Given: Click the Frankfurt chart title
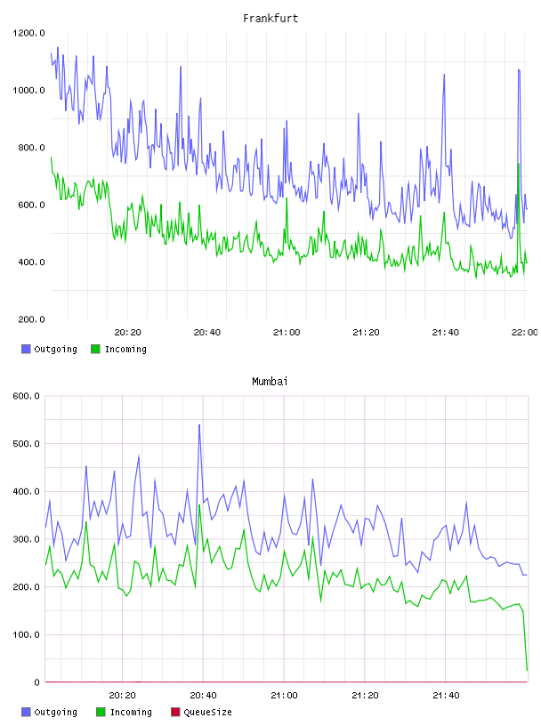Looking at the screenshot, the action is (x=270, y=18).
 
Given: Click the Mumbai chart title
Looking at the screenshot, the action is (x=270, y=381).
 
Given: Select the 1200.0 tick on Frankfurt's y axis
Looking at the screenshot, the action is (x=28, y=33).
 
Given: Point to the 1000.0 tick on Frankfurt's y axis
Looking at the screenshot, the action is (x=28, y=90).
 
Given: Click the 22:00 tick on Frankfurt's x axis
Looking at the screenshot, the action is (x=524, y=332).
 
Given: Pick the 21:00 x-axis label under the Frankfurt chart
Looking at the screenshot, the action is (x=287, y=332).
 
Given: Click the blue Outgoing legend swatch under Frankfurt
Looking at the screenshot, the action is (x=26, y=349).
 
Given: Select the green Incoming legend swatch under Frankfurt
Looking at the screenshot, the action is (x=95, y=349).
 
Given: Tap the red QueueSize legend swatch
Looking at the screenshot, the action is (x=175, y=712).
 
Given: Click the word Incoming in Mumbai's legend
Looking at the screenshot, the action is (x=131, y=712).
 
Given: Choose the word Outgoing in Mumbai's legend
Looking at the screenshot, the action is (x=55, y=712).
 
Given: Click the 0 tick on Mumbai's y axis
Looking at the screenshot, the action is (x=36, y=682).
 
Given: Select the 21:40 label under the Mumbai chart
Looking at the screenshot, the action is (x=446, y=695).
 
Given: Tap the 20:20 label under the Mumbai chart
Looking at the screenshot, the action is (x=122, y=695).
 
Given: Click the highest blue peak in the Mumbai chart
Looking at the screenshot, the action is (x=199, y=424).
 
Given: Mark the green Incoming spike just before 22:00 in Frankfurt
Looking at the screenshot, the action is (x=519, y=164).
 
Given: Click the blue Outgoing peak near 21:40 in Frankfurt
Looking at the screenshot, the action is (x=444, y=74).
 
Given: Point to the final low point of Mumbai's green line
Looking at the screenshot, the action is (x=527, y=670).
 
